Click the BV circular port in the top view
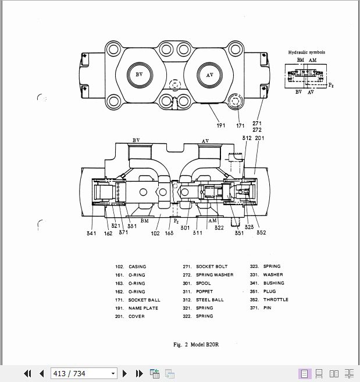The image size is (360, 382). (x=139, y=75)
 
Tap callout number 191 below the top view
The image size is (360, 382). (x=221, y=125)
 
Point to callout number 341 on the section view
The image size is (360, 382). (x=91, y=234)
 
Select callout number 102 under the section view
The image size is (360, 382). (x=155, y=234)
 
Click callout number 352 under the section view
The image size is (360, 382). (x=261, y=234)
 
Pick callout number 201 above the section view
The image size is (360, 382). (x=259, y=138)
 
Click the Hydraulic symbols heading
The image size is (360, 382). (x=306, y=52)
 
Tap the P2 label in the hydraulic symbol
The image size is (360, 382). (x=331, y=86)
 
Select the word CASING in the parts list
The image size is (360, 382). (x=137, y=267)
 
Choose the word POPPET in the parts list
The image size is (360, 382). (x=204, y=291)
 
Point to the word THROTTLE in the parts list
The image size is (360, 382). (x=276, y=300)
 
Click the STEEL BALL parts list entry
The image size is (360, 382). (x=209, y=300)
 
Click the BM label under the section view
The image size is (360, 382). (x=145, y=221)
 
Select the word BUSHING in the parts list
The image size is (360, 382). (x=273, y=283)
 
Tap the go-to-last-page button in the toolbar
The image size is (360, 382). (x=139, y=373)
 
